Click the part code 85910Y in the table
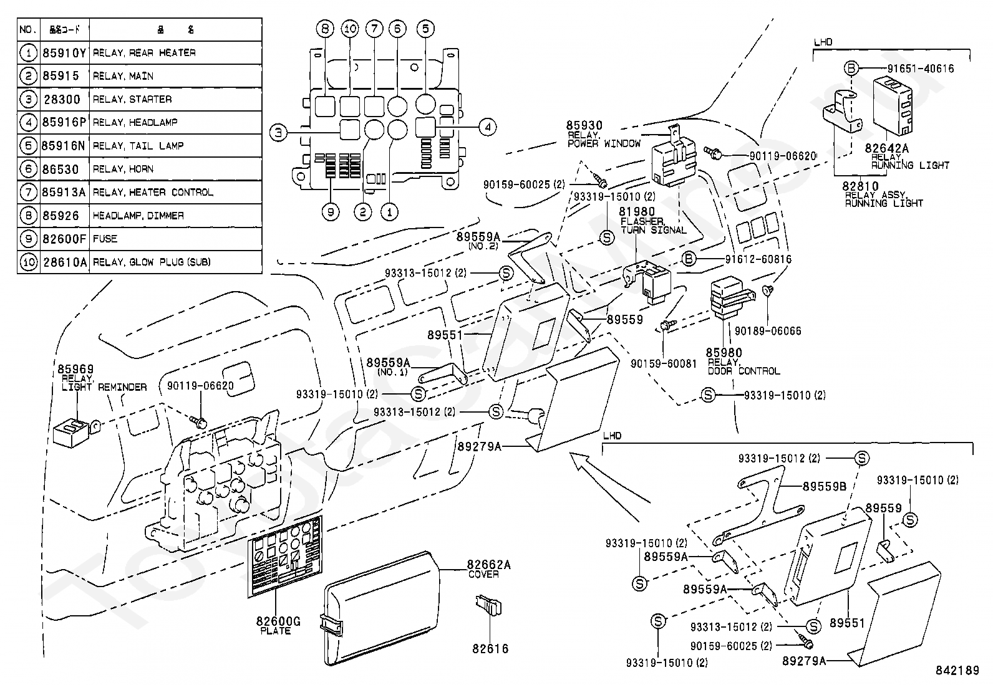[64, 53]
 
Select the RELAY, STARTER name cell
[132, 99]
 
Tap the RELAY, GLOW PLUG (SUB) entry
[152, 262]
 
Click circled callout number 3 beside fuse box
[278, 132]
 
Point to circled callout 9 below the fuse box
[331, 212]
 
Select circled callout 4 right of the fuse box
[488, 127]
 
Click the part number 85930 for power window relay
[584, 126]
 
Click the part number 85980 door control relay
[724, 353]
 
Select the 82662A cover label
[488, 565]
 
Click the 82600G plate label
[278, 621]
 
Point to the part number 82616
[490, 649]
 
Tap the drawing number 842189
[957, 671]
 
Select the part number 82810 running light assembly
[860, 186]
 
